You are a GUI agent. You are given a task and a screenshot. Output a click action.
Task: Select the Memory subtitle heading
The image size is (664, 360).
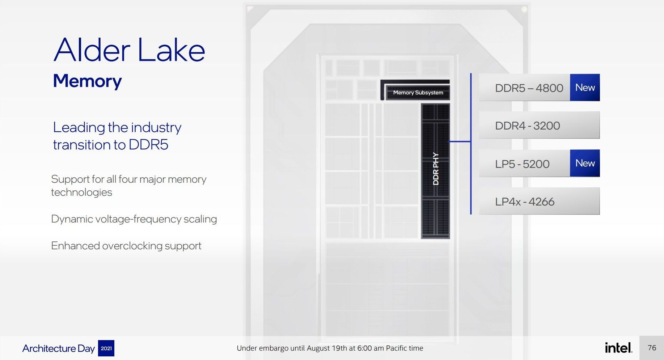coord(87,81)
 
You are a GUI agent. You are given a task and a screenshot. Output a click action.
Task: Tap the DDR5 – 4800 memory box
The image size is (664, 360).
coord(528,88)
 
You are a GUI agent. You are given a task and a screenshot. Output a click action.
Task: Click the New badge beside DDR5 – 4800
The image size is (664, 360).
coord(585,88)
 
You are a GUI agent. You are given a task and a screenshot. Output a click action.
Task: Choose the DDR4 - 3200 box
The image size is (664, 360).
coord(539,125)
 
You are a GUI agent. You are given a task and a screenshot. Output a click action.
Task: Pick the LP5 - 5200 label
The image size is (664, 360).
coord(522,164)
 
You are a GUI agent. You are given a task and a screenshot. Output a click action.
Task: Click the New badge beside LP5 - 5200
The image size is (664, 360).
coord(585,163)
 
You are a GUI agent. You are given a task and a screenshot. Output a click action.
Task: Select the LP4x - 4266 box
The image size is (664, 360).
coord(539,201)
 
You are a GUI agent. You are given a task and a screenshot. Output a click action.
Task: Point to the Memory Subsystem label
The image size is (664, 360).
coord(418,93)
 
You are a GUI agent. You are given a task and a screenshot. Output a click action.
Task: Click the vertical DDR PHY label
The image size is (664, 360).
coord(436,169)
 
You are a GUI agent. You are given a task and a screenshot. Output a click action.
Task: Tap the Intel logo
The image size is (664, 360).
coord(618,348)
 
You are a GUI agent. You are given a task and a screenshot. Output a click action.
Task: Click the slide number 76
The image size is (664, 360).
coord(652,348)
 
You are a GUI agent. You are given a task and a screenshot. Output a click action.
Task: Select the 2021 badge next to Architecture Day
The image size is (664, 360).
coord(106,348)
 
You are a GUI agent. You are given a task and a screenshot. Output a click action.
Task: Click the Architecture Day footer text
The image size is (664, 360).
coord(59,348)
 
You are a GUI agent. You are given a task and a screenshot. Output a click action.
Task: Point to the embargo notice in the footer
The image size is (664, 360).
coord(330,348)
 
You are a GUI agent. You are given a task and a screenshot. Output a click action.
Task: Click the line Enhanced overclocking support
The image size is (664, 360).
coord(126,246)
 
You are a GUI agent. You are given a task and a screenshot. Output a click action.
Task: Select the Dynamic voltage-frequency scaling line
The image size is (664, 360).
coord(134,219)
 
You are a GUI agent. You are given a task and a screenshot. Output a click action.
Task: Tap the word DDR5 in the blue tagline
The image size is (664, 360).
coord(148,145)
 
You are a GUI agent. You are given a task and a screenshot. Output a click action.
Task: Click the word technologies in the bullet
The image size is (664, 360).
coord(81,192)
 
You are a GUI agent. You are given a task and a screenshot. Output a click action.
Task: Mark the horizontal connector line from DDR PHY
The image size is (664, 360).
coord(460,141)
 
